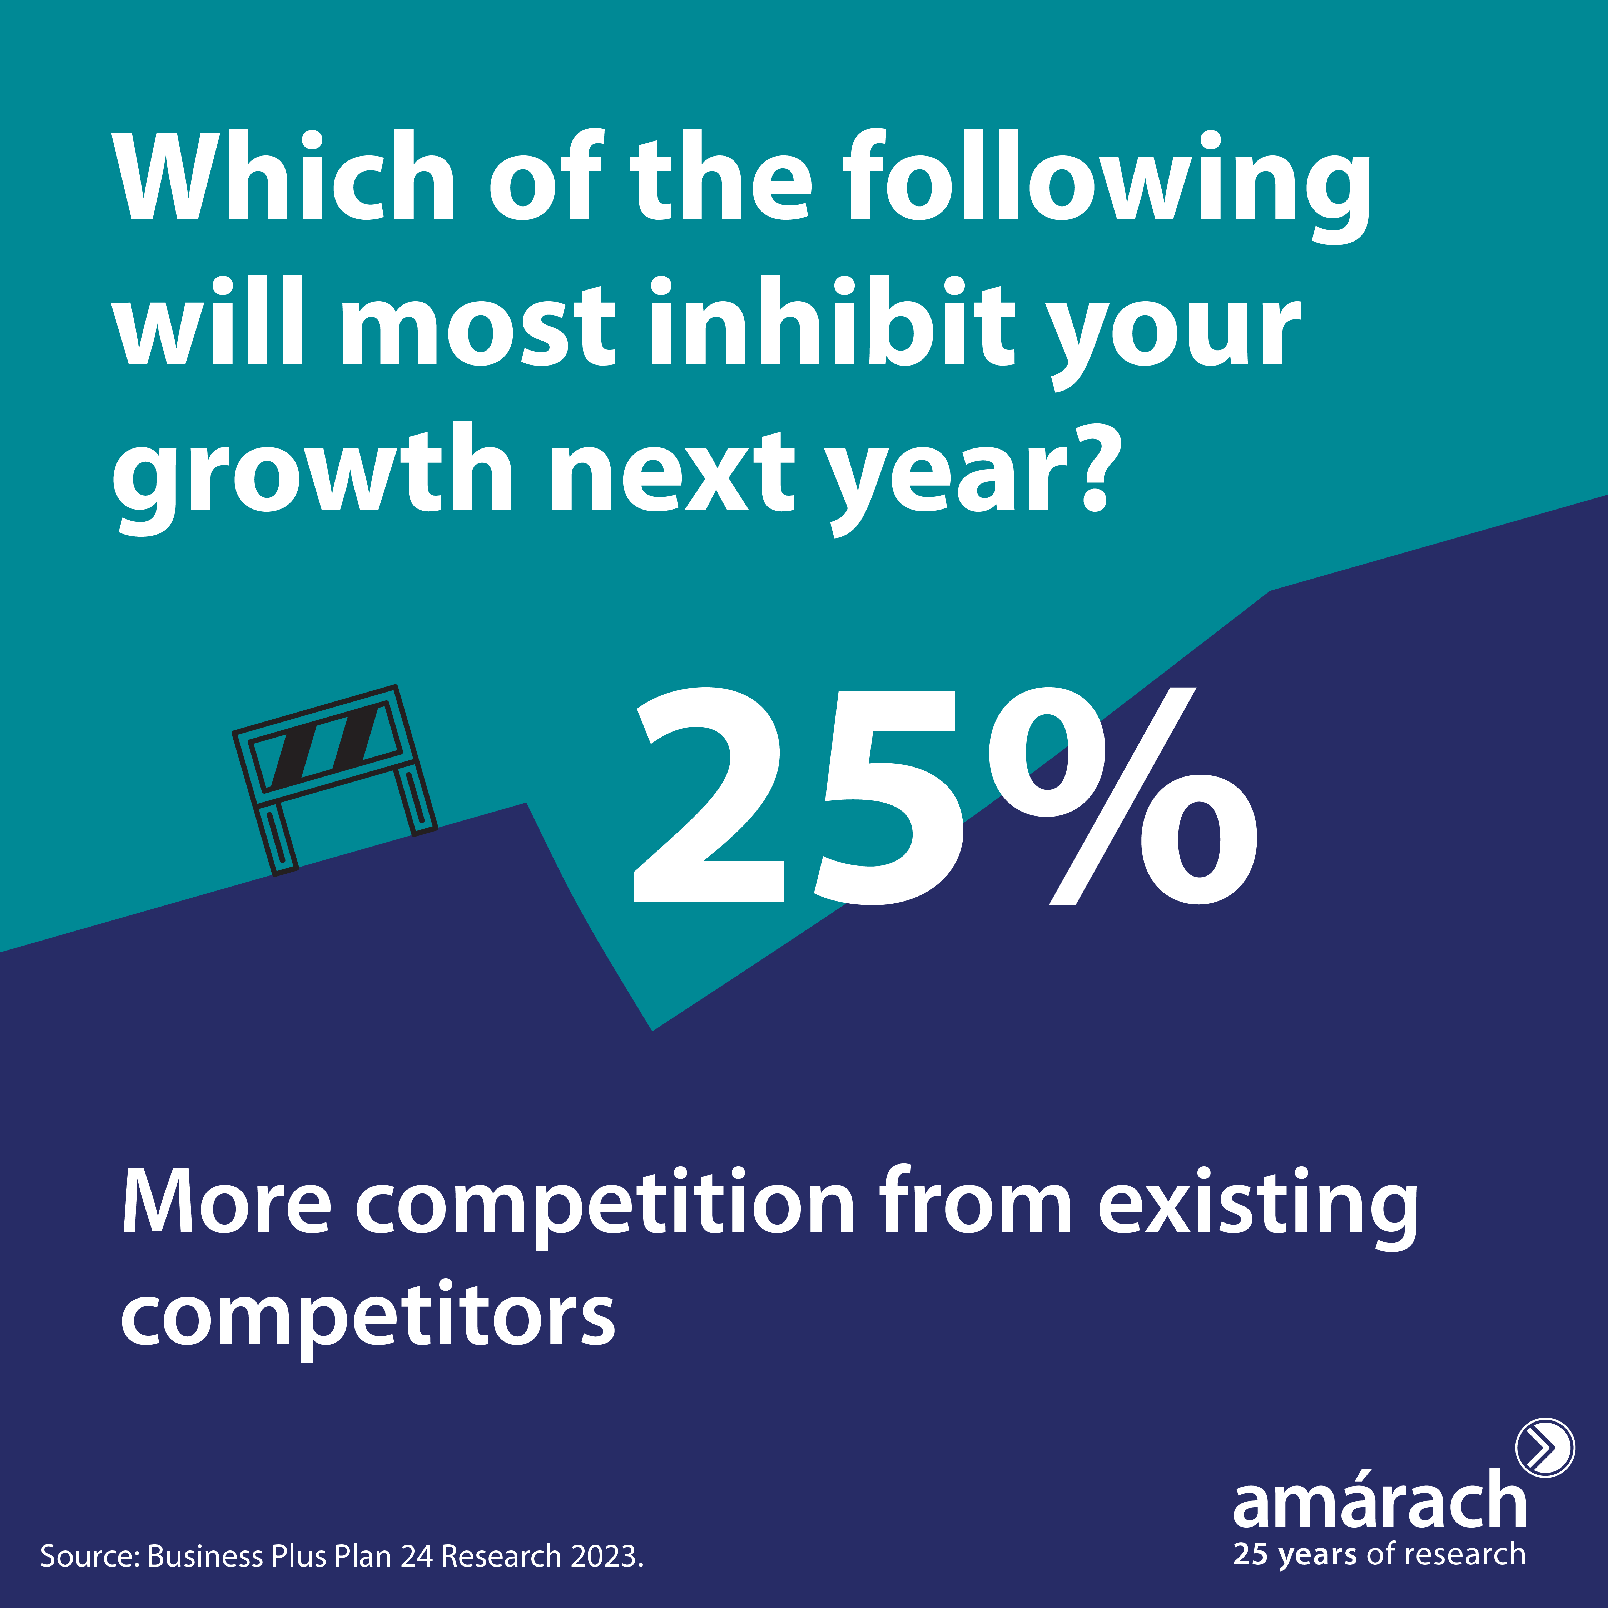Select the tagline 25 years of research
[x=1379, y=1555]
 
